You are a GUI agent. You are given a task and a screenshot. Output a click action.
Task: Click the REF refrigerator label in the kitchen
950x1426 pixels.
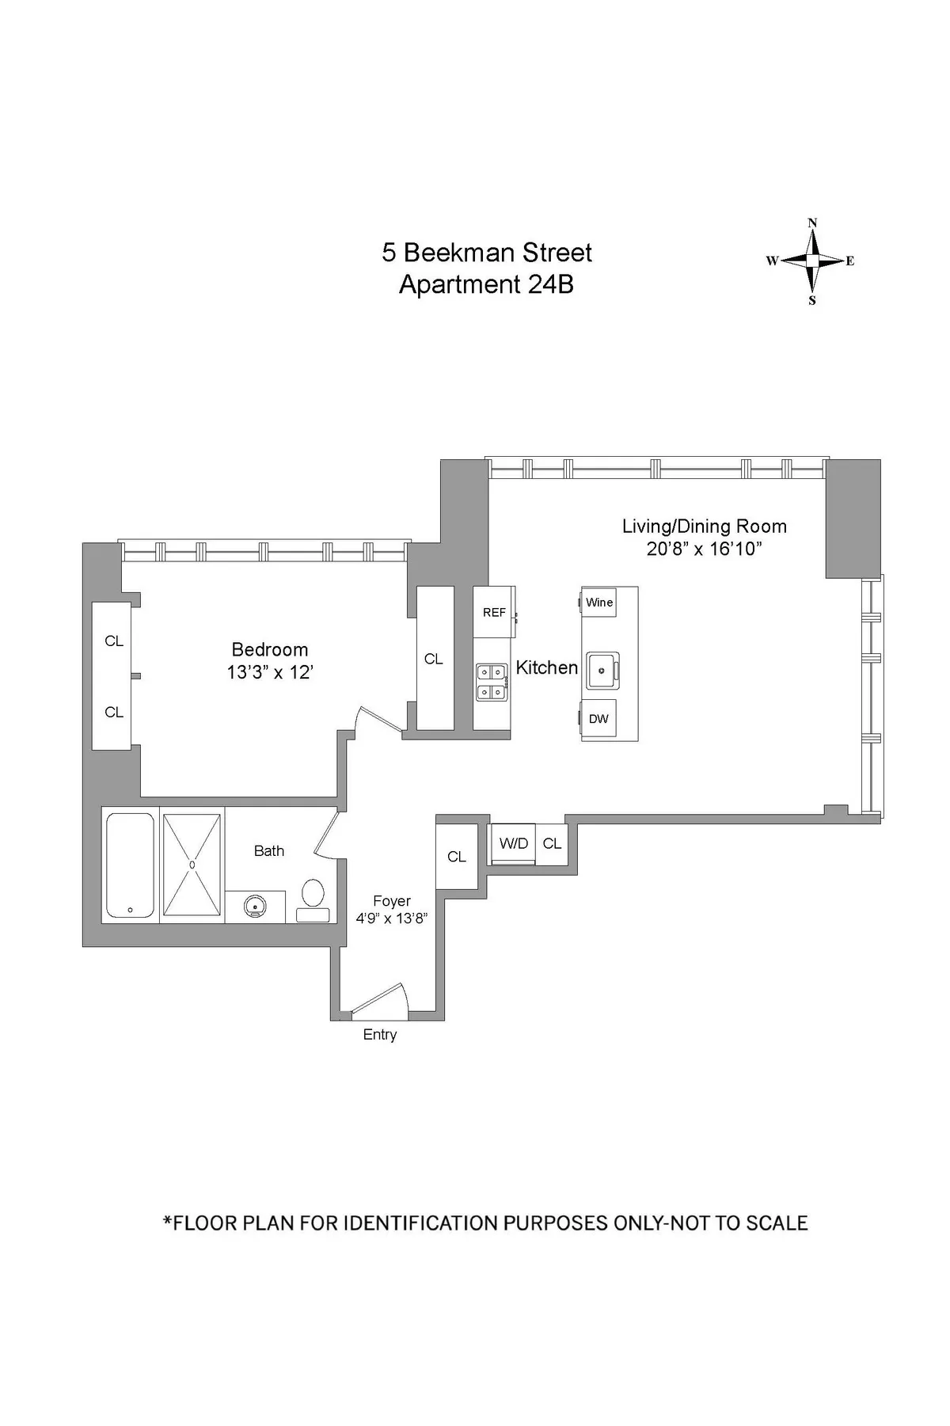494,612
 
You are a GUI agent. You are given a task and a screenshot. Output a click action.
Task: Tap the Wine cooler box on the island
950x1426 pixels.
599,603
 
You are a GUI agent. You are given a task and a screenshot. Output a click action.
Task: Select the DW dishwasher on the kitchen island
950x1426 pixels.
599,719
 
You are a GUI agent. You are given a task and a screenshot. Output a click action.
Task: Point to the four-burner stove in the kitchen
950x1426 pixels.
492,682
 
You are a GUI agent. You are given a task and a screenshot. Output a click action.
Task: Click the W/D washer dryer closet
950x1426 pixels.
513,844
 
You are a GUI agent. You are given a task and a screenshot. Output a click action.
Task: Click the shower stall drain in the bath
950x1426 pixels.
192,865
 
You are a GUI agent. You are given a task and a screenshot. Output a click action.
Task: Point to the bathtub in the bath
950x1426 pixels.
130,866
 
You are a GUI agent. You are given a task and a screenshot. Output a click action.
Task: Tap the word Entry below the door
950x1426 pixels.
379,1035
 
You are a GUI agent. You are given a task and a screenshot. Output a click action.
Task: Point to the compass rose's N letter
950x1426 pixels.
812,223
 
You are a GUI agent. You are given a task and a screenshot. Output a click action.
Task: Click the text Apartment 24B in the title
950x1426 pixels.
486,284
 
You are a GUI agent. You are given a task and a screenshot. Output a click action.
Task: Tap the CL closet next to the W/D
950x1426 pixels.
552,844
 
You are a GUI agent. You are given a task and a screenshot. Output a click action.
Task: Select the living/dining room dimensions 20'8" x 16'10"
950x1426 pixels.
704,549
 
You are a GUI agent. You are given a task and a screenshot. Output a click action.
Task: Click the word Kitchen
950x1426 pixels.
546,667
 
